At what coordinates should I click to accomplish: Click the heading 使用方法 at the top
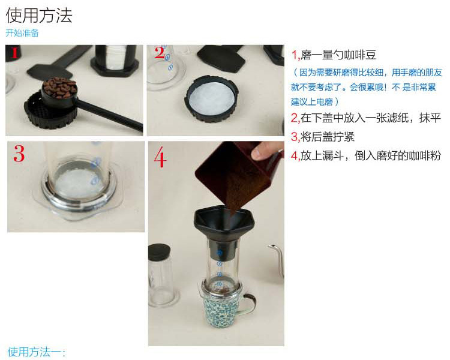click(39, 15)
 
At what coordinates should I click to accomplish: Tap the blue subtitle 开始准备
click(22, 33)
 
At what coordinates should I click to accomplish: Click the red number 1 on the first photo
click(15, 53)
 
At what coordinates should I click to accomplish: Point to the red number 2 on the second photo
click(160, 53)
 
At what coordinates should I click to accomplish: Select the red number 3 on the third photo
click(19, 154)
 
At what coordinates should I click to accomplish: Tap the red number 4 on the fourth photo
click(160, 158)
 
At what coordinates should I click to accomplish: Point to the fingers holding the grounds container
click(265, 151)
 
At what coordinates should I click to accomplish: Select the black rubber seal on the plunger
click(159, 252)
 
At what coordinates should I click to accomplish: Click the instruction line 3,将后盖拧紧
click(323, 137)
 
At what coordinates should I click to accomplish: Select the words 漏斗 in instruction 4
click(332, 155)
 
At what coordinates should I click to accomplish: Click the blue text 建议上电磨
click(311, 101)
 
